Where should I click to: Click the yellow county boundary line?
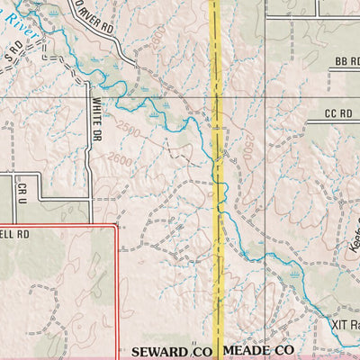click(x=216, y=180)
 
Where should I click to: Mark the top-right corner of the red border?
click(x=116, y=226)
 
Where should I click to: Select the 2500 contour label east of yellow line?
click(x=244, y=148)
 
